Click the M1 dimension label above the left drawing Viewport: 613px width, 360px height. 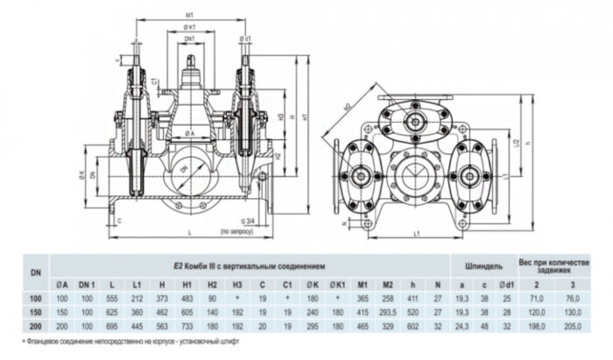190,15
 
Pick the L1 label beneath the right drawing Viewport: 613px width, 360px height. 418,235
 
